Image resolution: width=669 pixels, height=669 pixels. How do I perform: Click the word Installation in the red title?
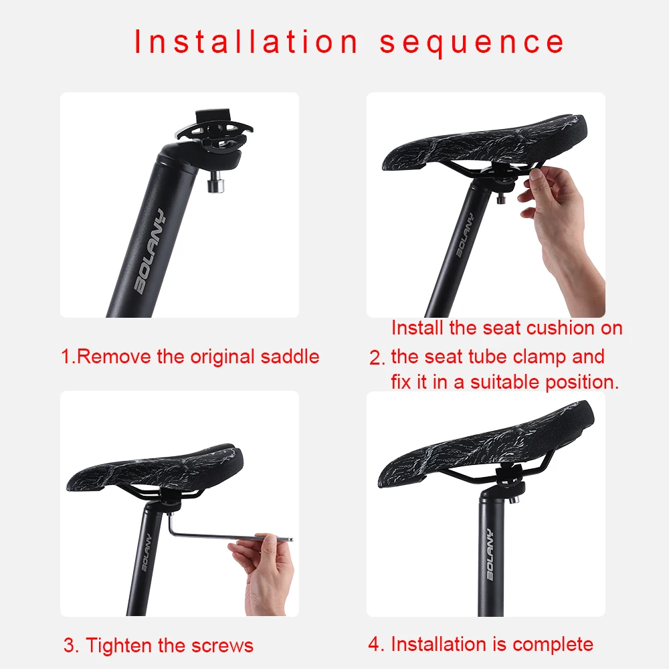(246, 41)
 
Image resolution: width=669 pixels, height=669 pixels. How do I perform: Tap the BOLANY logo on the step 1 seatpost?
(149, 252)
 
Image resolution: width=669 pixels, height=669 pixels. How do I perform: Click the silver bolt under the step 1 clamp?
(215, 185)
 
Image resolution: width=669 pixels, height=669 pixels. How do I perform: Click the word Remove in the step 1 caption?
(114, 357)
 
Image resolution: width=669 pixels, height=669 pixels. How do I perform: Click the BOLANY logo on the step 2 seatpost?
(465, 235)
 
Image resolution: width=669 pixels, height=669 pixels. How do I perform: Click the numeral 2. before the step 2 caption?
(377, 357)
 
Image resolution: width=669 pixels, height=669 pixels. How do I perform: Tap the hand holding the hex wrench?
(263, 573)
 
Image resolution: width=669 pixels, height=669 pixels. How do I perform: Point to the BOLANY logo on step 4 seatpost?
(490, 554)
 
